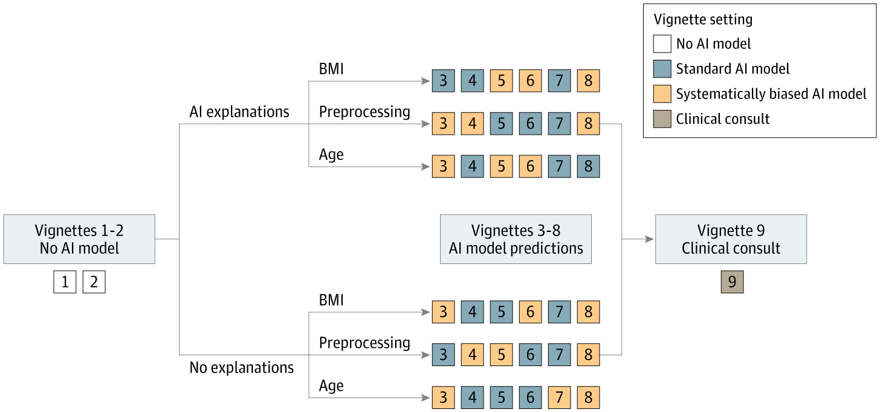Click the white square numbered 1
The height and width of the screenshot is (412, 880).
point(65,282)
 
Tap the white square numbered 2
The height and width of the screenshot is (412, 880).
point(94,282)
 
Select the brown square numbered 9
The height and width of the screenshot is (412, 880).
point(732,282)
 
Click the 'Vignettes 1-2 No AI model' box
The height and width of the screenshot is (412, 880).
point(79,239)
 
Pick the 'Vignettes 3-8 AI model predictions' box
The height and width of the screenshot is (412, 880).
point(516,239)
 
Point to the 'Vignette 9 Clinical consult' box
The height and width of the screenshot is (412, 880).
point(731,239)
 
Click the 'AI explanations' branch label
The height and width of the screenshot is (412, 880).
point(239,112)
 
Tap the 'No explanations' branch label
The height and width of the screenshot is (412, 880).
point(242,367)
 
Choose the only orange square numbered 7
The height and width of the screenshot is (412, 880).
point(559,398)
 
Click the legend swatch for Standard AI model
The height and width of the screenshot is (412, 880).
point(662,69)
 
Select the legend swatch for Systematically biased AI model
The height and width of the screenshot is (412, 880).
point(662,94)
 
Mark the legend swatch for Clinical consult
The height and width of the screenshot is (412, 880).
point(662,118)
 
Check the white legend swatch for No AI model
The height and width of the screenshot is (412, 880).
point(662,43)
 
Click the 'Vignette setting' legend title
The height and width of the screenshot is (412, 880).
point(703,19)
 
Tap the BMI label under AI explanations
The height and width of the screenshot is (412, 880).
point(331,69)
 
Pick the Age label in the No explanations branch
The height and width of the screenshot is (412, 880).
point(331,385)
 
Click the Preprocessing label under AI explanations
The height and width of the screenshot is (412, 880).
point(364,112)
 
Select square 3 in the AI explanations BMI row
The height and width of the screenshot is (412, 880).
point(443,80)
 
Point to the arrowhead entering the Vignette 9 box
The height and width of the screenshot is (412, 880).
point(650,239)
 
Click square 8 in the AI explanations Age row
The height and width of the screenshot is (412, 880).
point(588,166)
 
